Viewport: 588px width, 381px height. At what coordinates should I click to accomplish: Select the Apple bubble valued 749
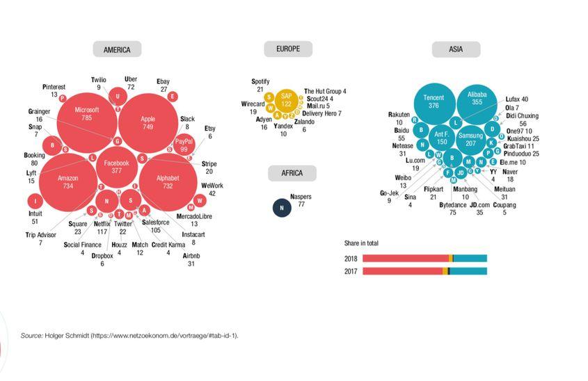pos(148,123)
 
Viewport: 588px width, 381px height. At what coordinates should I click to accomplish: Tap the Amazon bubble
pos(68,182)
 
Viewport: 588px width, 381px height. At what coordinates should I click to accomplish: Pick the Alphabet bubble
pos(168,182)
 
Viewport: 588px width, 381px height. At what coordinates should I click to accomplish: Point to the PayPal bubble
pos(184,145)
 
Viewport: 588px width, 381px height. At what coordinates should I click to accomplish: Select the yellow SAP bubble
pos(286,99)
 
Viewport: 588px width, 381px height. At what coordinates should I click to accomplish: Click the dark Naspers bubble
pos(281,207)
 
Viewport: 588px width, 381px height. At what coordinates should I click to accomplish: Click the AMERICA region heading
pos(117,49)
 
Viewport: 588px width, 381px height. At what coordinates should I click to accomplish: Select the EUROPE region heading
pos(288,49)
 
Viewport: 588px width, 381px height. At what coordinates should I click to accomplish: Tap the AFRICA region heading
pos(292,174)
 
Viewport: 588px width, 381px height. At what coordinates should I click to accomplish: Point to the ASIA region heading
pos(456,49)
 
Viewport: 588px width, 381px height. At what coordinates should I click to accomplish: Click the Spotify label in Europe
pos(260,81)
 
